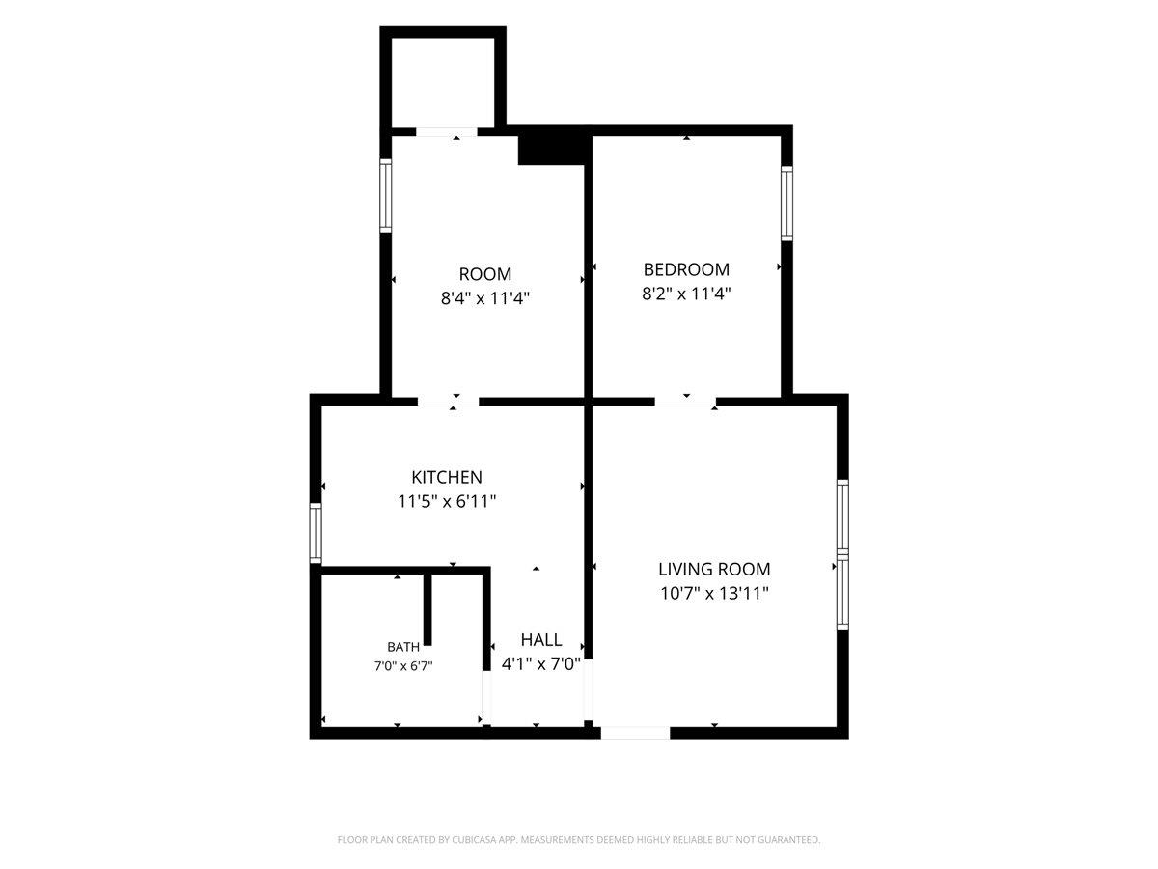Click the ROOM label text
(484, 274)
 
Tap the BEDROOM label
(686, 269)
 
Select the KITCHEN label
(447, 477)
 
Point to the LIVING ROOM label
(714, 569)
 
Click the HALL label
(540, 639)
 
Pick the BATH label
(403, 646)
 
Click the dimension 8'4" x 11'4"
(484, 298)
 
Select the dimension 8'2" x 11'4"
(686, 294)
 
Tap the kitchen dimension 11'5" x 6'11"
(447, 501)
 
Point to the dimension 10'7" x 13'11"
(714, 593)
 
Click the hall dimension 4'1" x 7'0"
(540, 663)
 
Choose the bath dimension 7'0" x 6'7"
(403, 666)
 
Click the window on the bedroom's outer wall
(786, 204)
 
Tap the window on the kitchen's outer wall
(315, 533)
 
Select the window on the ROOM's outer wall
(386, 196)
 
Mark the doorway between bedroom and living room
(685, 401)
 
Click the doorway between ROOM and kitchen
(449, 401)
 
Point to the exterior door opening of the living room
(635, 733)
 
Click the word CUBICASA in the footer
(473, 839)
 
